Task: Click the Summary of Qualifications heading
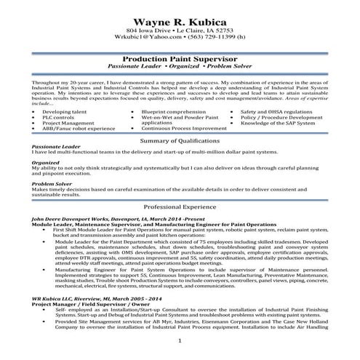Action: (x=179, y=139)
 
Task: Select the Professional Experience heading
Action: (x=179, y=207)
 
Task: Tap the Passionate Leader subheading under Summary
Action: (x=56, y=147)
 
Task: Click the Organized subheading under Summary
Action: (x=46, y=163)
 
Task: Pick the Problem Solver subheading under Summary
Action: (x=52, y=184)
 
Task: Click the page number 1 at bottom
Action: (x=180, y=340)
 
